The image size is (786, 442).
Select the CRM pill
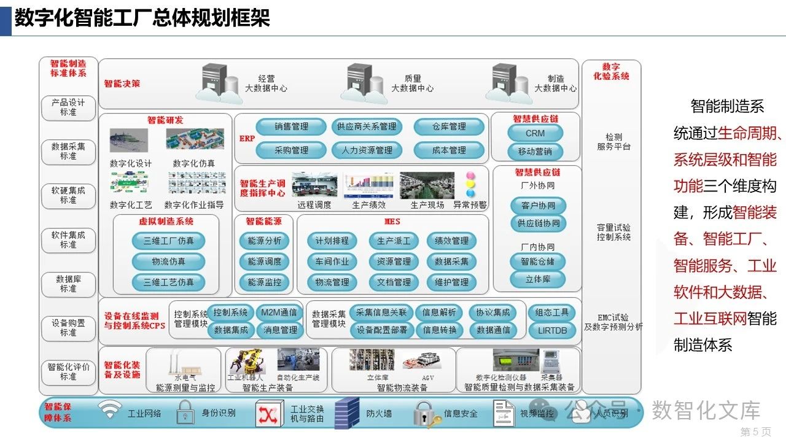tap(535, 133)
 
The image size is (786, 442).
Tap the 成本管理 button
tap(448, 150)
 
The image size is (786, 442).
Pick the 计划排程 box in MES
tap(332, 241)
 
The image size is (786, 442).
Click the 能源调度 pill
tap(264, 262)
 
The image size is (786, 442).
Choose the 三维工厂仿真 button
tap(168, 241)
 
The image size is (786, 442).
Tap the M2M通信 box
tap(278, 312)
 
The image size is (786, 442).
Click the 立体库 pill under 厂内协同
tap(538, 279)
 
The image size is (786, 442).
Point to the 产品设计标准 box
tap(68, 107)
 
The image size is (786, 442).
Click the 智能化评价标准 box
tap(68, 371)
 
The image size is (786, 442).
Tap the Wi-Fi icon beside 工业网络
tap(111, 410)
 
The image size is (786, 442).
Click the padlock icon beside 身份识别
tap(184, 412)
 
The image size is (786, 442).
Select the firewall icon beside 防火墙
tap(347, 413)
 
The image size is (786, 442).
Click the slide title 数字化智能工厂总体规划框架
tap(142, 18)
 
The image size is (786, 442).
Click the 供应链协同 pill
tap(538, 223)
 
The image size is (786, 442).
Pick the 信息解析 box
tap(439, 312)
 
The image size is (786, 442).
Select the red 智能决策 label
tap(122, 83)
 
